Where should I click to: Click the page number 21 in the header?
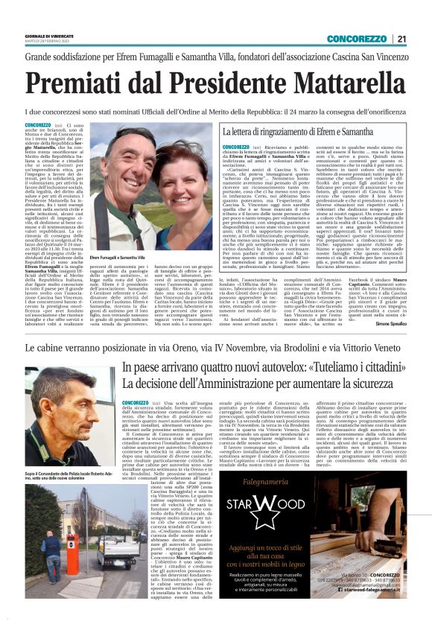pyautogui.click(x=401, y=39)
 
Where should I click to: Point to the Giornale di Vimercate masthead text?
pyautogui.click(x=51, y=36)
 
